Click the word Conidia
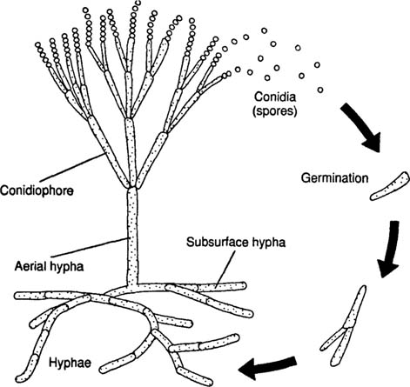pyautogui.click(x=275, y=97)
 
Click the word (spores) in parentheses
pyautogui.click(x=275, y=111)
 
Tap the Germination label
pyautogui.click(x=335, y=177)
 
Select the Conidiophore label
pyautogui.click(x=37, y=190)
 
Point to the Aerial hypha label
pyautogui.click(x=49, y=266)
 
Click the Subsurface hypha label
pyautogui.click(x=236, y=242)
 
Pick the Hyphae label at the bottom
pyautogui.click(x=70, y=363)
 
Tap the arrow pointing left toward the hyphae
pyautogui.click(x=267, y=367)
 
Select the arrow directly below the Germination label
pyautogui.click(x=390, y=250)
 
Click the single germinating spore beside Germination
pyautogui.click(x=390, y=186)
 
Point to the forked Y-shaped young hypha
pyautogui.click(x=346, y=328)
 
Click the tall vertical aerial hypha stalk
pyautogui.click(x=132, y=237)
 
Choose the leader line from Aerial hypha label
pyautogui.click(x=90, y=248)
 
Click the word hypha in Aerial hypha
pyautogui.click(x=67, y=267)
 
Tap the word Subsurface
pyautogui.click(x=216, y=242)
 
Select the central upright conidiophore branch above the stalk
pyautogui.click(x=131, y=153)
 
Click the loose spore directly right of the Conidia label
pyautogui.click(x=320, y=90)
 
